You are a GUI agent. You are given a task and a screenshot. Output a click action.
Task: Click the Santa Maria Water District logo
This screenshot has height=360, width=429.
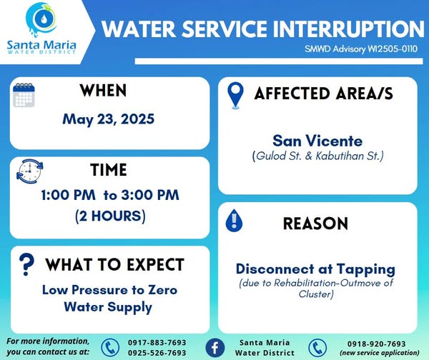41,29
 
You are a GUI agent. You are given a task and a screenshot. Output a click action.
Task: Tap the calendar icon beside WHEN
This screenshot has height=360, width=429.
24,95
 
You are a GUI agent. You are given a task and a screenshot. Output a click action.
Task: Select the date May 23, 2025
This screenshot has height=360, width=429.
109,119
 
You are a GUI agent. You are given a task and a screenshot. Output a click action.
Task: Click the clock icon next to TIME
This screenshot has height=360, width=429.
30,171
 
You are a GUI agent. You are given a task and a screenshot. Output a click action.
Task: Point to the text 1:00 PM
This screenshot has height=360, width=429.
69,195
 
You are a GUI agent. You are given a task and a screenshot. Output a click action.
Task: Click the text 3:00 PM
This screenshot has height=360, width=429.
150,195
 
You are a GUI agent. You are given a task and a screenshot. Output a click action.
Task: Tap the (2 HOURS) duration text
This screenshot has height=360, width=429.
110,216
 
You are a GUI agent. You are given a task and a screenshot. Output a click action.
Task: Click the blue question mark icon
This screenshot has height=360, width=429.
26,264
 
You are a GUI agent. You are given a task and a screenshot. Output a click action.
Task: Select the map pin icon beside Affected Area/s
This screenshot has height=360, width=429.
235,96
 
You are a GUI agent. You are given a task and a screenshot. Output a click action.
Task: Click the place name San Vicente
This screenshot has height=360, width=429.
317,141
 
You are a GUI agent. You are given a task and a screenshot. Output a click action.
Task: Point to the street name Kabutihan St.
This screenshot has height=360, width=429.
348,156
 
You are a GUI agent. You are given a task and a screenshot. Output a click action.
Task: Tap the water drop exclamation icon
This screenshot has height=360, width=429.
234,221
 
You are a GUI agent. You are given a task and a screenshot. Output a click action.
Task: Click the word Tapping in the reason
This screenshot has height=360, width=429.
366,270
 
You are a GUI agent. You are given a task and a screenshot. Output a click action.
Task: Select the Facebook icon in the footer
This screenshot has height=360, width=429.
215,348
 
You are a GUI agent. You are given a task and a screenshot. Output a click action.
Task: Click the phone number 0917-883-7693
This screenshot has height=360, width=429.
157,343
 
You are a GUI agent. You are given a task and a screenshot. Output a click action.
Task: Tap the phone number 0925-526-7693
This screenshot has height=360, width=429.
157,353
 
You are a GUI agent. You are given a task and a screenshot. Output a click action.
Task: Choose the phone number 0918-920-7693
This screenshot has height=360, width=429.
377,344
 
